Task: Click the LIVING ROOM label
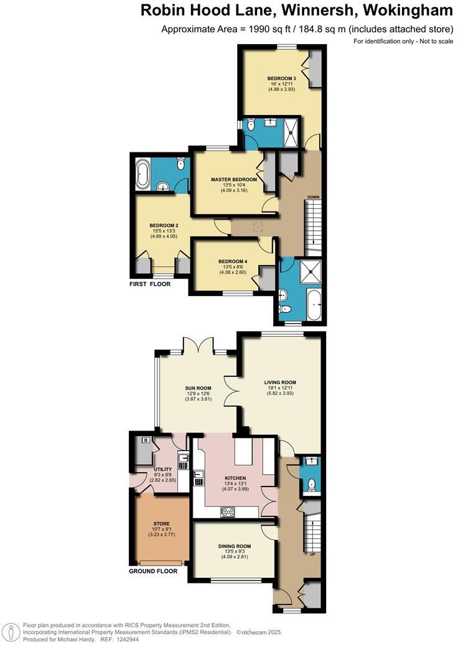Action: click(x=279, y=383)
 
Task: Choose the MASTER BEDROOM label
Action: click(x=233, y=179)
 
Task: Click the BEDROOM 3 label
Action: click(x=281, y=78)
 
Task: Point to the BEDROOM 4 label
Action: click(x=233, y=261)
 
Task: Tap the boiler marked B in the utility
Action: click(x=146, y=440)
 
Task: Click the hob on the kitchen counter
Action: click(x=228, y=512)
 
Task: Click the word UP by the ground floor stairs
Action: click(x=312, y=554)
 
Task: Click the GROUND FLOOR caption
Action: click(x=153, y=571)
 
